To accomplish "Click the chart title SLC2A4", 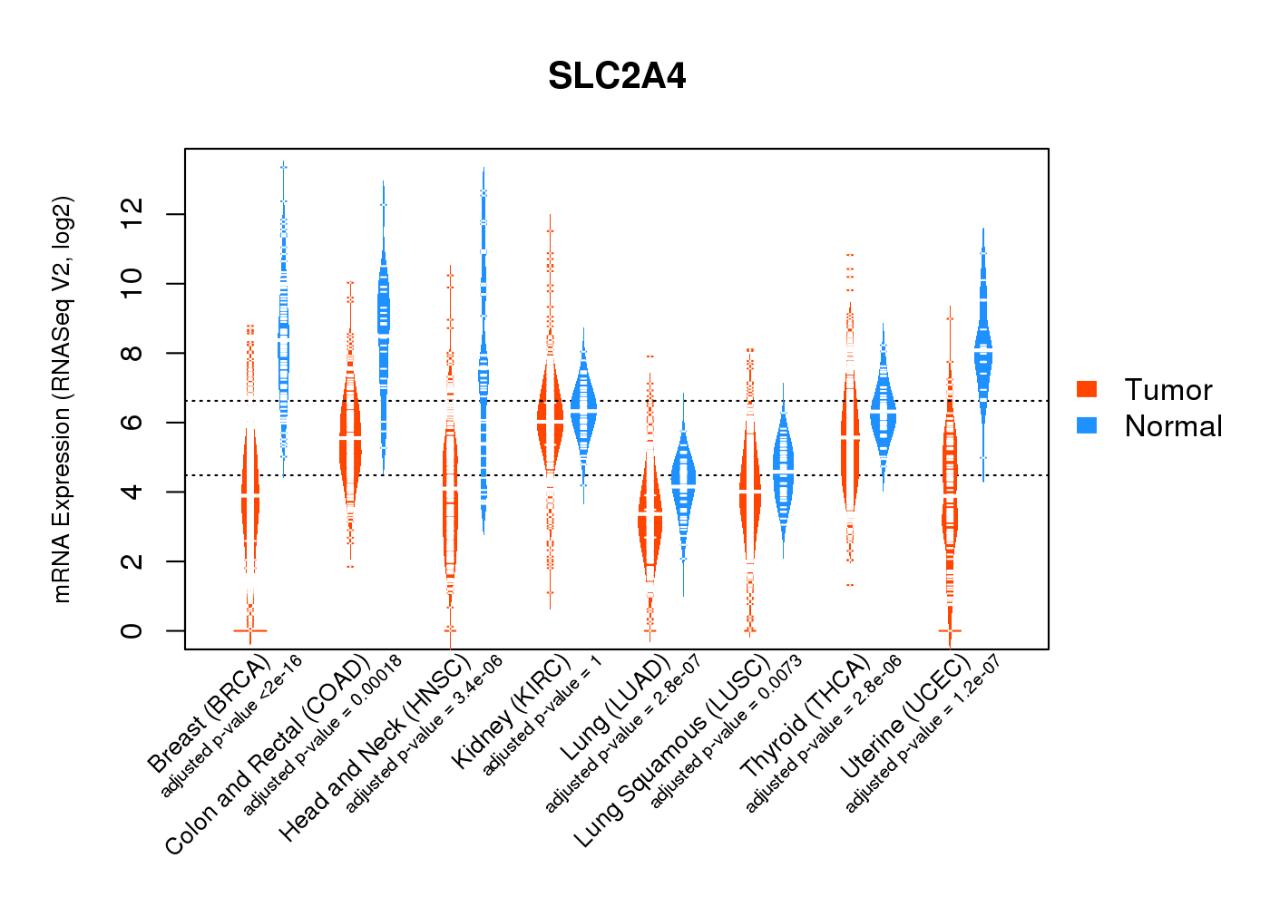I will point(617,76).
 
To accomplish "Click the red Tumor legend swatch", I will point(1087,389).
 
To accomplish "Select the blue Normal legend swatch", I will point(1087,425).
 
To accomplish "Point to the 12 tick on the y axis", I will point(132,214).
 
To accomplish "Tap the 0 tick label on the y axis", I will point(132,630).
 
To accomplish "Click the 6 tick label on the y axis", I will point(132,423).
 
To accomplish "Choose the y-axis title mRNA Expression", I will point(62,399).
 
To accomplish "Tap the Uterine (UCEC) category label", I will point(904,717).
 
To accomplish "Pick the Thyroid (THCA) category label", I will point(805,717).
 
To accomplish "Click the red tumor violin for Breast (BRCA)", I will point(250,490).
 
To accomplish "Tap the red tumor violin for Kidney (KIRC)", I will point(550,417).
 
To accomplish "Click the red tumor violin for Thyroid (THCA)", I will point(850,444).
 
